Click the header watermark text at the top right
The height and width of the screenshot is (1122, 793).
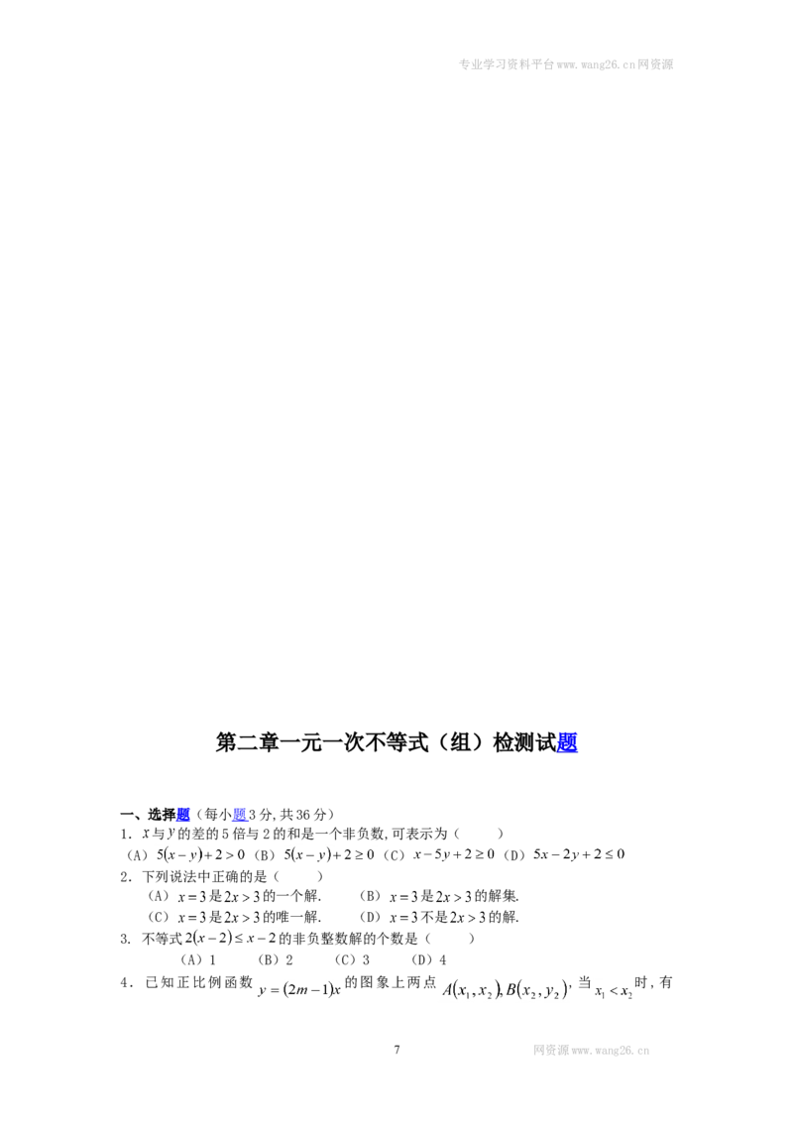(x=565, y=64)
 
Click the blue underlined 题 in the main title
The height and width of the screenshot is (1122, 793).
(x=567, y=742)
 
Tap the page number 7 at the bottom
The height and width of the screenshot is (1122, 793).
(x=396, y=1050)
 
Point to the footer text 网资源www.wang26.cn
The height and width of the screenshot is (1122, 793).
(x=591, y=1051)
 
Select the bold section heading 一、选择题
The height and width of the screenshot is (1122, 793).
(x=155, y=815)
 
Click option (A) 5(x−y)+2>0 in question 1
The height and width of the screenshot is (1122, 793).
(x=185, y=854)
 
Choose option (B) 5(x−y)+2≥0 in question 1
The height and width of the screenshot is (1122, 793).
(x=313, y=854)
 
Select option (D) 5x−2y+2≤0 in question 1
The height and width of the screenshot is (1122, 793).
(x=564, y=854)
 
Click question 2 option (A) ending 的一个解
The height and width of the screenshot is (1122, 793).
(x=234, y=896)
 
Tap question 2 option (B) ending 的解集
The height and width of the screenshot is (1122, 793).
(x=439, y=896)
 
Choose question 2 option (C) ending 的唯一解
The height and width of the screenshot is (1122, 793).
(x=234, y=918)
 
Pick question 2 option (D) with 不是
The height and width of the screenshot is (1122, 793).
(x=439, y=918)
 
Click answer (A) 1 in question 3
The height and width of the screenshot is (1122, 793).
(x=198, y=959)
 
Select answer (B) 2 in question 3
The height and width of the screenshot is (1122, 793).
(x=276, y=959)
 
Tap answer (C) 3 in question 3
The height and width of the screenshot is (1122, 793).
(x=352, y=959)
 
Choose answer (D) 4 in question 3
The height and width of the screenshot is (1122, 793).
(x=429, y=959)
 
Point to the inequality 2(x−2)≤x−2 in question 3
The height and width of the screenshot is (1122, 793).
(x=230, y=938)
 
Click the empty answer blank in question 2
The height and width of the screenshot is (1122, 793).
(x=298, y=876)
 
